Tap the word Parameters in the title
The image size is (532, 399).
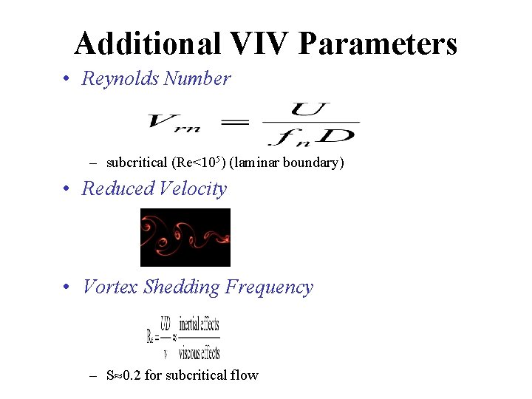tap(378, 44)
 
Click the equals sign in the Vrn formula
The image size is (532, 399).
tap(234, 122)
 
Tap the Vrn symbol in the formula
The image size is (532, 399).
tap(174, 123)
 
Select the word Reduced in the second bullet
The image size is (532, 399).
tap(116, 188)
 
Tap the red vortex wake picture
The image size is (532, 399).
tap(185, 237)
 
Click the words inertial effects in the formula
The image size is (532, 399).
tap(200, 324)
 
